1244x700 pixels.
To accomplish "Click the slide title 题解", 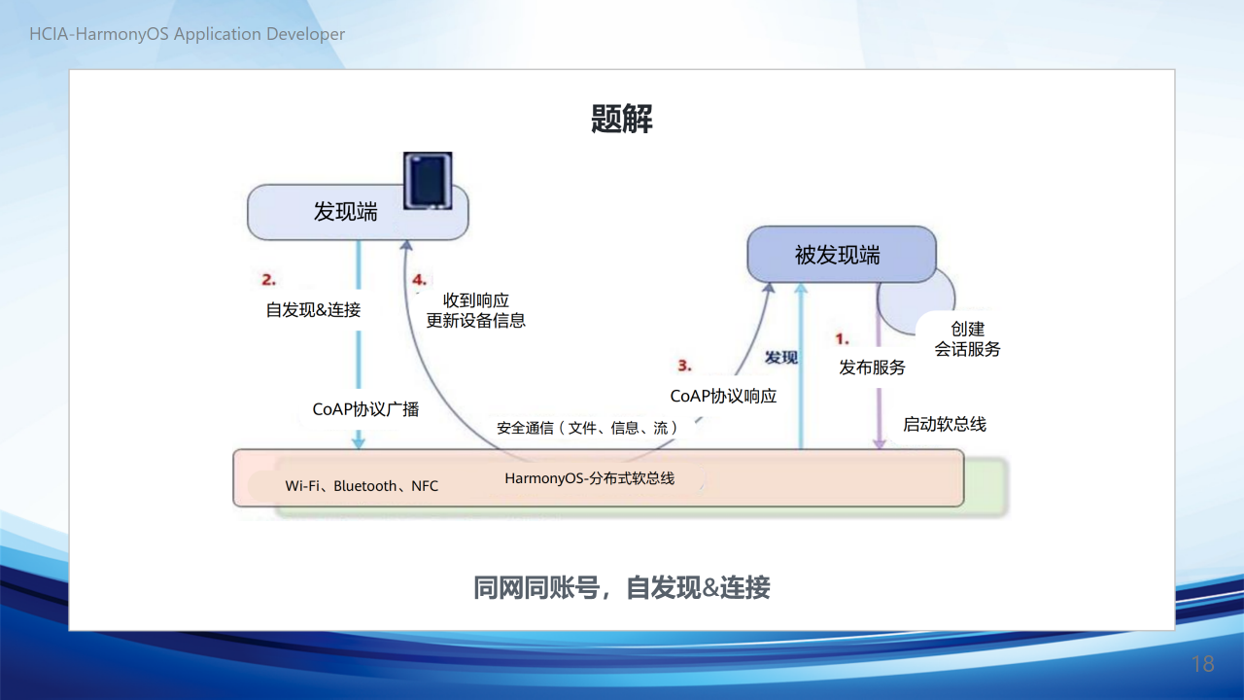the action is pos(621,119).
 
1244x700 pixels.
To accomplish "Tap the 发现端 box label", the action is pos(345,212).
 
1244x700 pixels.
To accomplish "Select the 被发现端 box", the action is pos(842,255).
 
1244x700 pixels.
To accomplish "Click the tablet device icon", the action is pos(428,181).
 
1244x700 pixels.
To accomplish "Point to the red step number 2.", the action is pos(269,279).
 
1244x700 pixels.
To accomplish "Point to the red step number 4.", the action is pos(419,279).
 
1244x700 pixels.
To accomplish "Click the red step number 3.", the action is pos(684,365).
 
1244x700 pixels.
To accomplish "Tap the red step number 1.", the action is pos(842,338).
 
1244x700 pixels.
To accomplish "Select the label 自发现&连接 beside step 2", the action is pos(313,309).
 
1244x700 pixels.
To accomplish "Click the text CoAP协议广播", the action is pos(365,409).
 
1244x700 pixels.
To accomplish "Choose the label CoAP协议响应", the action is pos(723,396).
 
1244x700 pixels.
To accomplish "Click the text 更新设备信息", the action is pos(476,321).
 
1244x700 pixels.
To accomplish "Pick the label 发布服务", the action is pos(872,367).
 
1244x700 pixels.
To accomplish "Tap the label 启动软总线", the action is pos(945,425).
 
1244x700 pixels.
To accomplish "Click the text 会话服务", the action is pos(967,349).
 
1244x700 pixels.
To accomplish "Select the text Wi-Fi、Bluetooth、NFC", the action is pos(362,486).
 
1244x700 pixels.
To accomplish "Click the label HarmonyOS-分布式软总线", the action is pos(589,478).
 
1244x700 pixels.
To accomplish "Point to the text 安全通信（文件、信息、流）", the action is pos(588,428).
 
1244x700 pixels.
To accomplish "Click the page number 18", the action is pos(1203,664).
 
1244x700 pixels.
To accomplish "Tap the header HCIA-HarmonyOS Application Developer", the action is pos(188,34).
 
